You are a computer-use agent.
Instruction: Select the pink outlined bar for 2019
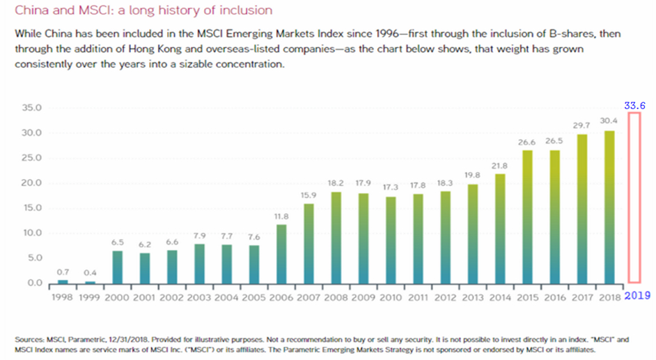pos(634,198)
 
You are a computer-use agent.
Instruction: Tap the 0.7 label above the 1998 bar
pos(63,271)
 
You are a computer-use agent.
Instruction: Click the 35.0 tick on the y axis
pos(33,109)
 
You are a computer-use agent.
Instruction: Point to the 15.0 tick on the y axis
pos(33,208)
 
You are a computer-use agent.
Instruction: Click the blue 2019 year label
pos(637,295)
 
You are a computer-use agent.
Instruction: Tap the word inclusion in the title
pos(245,11)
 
